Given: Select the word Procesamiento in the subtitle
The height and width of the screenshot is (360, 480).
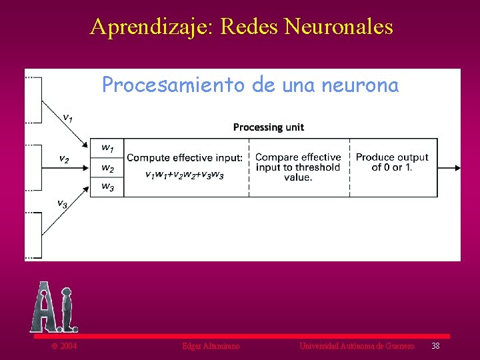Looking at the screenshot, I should coord(174,85).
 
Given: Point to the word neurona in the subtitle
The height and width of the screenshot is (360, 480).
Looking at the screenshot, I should coord(363,85).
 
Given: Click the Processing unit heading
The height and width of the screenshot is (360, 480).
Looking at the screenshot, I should coord(269,127).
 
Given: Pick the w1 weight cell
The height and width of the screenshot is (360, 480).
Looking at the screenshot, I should coord(107,147).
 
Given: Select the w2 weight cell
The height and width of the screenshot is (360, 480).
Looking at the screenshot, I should coord(107,168).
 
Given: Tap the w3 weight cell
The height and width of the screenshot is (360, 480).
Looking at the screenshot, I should coord(107,187).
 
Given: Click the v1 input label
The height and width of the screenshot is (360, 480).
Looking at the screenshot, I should coord(68,117).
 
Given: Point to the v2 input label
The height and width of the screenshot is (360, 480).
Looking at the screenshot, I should coord(64,159).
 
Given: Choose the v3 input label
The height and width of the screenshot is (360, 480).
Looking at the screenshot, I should coord(61,203).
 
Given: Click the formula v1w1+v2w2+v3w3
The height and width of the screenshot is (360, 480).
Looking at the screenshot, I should coord(185,175).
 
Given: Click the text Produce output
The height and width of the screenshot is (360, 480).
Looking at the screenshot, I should coord(392,157).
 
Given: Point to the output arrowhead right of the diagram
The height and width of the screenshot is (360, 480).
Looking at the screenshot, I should coord(457,167).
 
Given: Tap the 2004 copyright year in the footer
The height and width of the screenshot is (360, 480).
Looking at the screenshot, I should coord(67,346).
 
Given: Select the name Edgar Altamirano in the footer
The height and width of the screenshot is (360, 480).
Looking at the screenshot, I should coord(211,346).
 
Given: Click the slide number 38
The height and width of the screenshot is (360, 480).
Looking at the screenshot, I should coord(435,345).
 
